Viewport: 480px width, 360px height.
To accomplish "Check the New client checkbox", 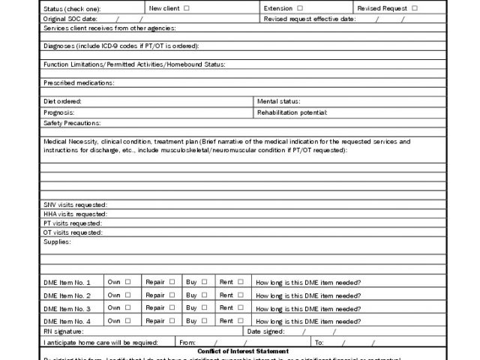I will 187,8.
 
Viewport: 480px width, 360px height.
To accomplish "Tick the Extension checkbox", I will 300,8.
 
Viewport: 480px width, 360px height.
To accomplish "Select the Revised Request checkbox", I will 415,8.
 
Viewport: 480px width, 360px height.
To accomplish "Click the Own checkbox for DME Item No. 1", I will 127,282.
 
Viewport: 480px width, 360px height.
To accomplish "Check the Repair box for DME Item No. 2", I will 172,295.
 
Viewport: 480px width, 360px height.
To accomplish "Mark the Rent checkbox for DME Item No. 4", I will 241,320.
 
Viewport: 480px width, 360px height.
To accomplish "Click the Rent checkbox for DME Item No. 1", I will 241,282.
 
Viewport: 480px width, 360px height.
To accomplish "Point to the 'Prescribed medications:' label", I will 79,82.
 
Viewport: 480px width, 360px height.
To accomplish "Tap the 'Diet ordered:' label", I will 62,100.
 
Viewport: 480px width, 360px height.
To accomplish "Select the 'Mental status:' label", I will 278,100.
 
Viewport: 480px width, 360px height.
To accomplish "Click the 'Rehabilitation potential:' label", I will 292,112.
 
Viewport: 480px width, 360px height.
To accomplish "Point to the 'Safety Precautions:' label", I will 71,122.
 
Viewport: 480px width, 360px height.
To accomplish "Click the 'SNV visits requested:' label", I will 75,205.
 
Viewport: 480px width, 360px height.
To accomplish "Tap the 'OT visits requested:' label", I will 73,232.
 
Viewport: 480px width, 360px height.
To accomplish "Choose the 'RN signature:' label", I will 64,331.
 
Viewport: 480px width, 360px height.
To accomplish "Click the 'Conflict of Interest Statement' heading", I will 243,351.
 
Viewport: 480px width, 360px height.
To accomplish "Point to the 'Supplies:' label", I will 57,241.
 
